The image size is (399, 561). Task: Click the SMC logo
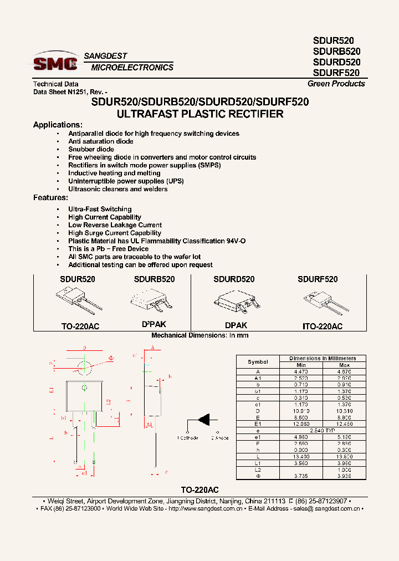point(55,63)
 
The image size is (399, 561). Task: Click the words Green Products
point(336,84)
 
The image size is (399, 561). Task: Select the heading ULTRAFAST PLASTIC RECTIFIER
point(200,114)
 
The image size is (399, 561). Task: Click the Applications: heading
point(58,125)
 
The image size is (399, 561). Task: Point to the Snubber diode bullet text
point(91,149)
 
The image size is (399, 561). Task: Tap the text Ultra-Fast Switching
point(100,209)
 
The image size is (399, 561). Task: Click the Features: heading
point(50,197)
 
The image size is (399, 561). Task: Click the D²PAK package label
point(154,324)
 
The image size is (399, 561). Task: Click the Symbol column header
point(258,361)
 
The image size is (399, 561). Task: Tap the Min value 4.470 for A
point(301,371)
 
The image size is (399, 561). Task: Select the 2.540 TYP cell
point(323,430)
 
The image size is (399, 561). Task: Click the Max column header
point(344,365)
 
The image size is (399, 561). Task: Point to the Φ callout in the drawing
point(110,359)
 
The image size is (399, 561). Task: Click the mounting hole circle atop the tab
point(84,366)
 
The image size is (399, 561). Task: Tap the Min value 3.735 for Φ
point(301,476)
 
